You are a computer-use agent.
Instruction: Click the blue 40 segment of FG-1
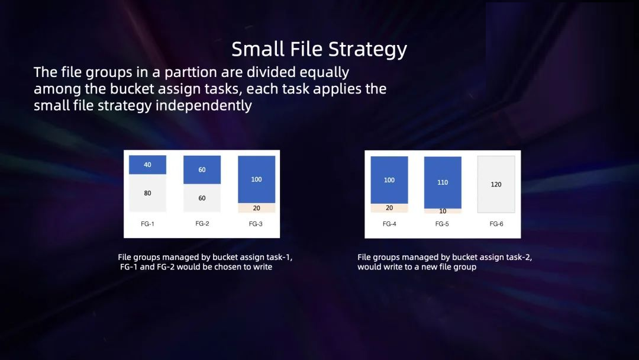pyautogui.click(x=147, y=165)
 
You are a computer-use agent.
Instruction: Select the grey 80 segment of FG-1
pyautogui.click(x=147, y=193)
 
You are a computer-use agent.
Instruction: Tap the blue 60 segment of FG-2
pyautogui.click(x=202, y=169)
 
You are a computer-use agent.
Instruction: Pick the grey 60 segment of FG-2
pyautogui.click(x=202, y=198)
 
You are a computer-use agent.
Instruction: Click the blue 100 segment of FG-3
pyautogui.click(x=256, y=179)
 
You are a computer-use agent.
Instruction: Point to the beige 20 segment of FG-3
pyautogui.click(x=256, y=208)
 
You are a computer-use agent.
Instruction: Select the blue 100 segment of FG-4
pyautogui.click(x=389, y=180)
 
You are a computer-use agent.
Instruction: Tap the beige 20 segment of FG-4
pyautogui.click(x=389, y=208)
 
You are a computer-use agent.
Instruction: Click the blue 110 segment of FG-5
pyautogui.click(x=443, y=182)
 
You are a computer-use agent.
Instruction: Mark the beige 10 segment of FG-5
pyautogui.click(x=443, y=211)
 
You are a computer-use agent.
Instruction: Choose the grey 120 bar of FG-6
pyautogui.click(x=496, y=184)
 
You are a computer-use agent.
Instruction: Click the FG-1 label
pyautogui.click(x=147, y=224)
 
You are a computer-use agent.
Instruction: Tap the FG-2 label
pyautogui.click(x=202, y=223)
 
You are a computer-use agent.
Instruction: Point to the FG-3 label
pyautogui.click(x=256, y=224)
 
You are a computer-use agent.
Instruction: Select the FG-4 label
pyautogui.click(x=389, y=224)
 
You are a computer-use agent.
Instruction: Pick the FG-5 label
pyautogui.click(x=442, y=224)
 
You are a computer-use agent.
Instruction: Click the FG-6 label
pyautogui.click(x=496, y=224)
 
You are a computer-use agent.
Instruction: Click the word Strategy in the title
pyautogui.click(x=367, y=50)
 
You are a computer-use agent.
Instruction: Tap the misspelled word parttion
pyautogui.click(x=191, y=72)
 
